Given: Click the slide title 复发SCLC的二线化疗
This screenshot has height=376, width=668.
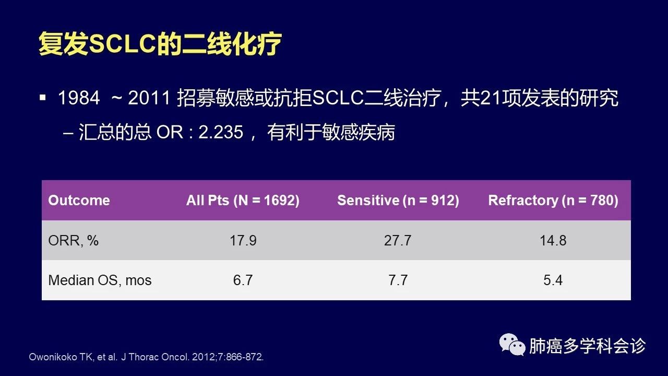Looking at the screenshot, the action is click(160, 44).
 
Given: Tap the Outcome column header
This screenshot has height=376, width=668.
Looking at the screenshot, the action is click(79, 200).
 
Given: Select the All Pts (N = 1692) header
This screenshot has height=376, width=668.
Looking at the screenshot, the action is click(243, 200).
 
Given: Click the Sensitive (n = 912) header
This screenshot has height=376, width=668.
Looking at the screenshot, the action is click(398, 200).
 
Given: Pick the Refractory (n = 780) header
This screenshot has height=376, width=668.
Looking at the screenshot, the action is click(553, 200).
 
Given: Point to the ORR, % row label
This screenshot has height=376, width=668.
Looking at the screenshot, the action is click(74, 241).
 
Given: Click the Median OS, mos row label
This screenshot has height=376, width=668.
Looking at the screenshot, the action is click(100, 280).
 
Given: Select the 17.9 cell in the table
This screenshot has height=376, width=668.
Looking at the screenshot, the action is click(243, 241).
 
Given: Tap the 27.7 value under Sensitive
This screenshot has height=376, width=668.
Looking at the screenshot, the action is click(398, 241).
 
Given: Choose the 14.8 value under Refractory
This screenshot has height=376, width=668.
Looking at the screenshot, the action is click(553, 241).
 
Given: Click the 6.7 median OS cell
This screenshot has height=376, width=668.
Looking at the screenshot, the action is click(243, 280).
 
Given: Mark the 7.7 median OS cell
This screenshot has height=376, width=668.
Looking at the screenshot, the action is click(398, 280).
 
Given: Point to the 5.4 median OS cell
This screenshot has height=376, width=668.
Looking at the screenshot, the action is click(553, 280).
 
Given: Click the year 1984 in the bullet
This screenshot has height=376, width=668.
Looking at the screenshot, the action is click(79, 98).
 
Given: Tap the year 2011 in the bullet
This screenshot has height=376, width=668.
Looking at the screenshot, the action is click(149, 98).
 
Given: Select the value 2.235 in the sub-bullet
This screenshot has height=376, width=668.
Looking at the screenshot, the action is click(221, 132).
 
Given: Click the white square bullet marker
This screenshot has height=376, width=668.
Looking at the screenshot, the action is click(43, 98).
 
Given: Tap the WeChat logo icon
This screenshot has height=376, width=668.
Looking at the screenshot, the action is click(512, 345).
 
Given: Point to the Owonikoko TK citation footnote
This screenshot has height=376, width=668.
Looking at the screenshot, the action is click(146, 357).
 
